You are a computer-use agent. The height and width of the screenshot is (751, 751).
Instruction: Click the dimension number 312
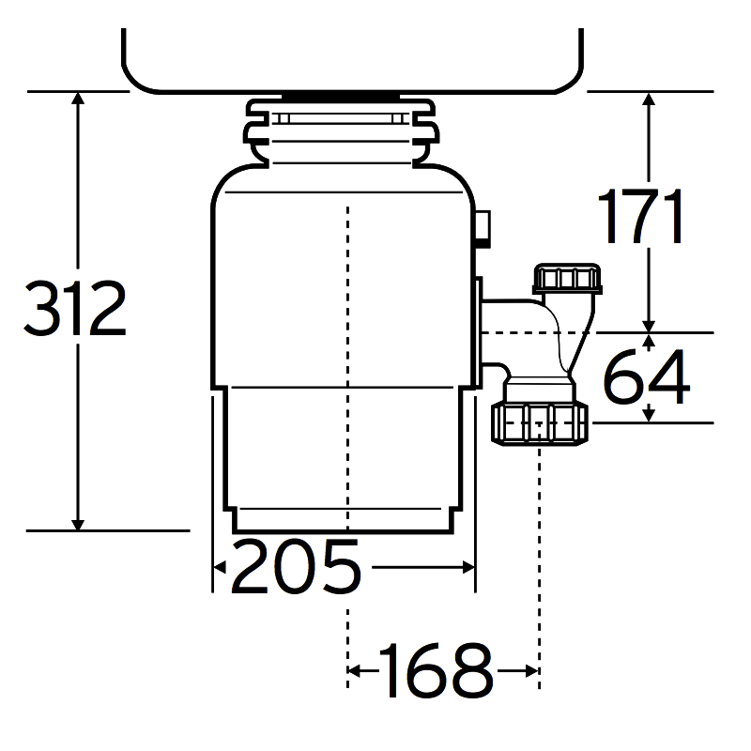(x=75, y=310)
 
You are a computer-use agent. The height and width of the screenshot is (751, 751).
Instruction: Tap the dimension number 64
(x=646, y=375)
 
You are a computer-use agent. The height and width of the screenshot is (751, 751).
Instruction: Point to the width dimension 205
(x=296, y=567)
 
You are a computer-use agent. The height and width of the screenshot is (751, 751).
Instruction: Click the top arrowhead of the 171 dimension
(x=649, y=100)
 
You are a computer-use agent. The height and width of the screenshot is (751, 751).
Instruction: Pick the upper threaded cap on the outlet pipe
(x=565, y=279)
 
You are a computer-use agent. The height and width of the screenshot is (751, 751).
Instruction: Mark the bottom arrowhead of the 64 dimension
(x=649, y=414)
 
